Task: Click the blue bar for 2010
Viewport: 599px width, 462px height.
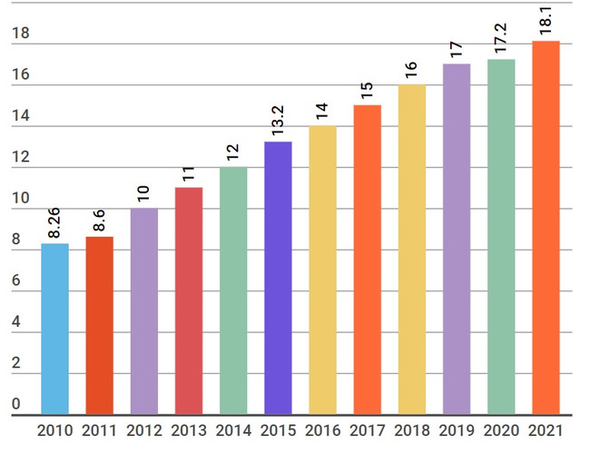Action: [x=55, y=329]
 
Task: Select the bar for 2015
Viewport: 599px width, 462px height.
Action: [x=279, y=278]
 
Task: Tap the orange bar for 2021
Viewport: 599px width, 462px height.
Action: [x=545, y=228]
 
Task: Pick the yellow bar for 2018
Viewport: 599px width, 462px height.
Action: [x=412, y=250]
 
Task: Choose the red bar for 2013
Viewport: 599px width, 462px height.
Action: [x=189, y=300]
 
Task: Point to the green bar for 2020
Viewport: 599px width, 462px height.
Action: [x=501, y=237]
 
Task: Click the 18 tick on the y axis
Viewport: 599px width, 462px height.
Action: [x=21, y=34]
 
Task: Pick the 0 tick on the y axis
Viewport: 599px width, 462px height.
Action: [x=15, y=404]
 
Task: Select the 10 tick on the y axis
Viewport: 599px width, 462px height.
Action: [x=21, y=199]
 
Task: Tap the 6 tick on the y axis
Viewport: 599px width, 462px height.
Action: [x=15, y=281]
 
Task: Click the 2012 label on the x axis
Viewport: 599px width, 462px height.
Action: [x=144, y=430]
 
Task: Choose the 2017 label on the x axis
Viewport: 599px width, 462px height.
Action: [x=368, y=430]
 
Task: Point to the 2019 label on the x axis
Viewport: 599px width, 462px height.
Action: [x=457, y=430]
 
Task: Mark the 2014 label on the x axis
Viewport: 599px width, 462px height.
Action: [x=233, y=430]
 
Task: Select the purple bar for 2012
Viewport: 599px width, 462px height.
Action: [x=144, y=311]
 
